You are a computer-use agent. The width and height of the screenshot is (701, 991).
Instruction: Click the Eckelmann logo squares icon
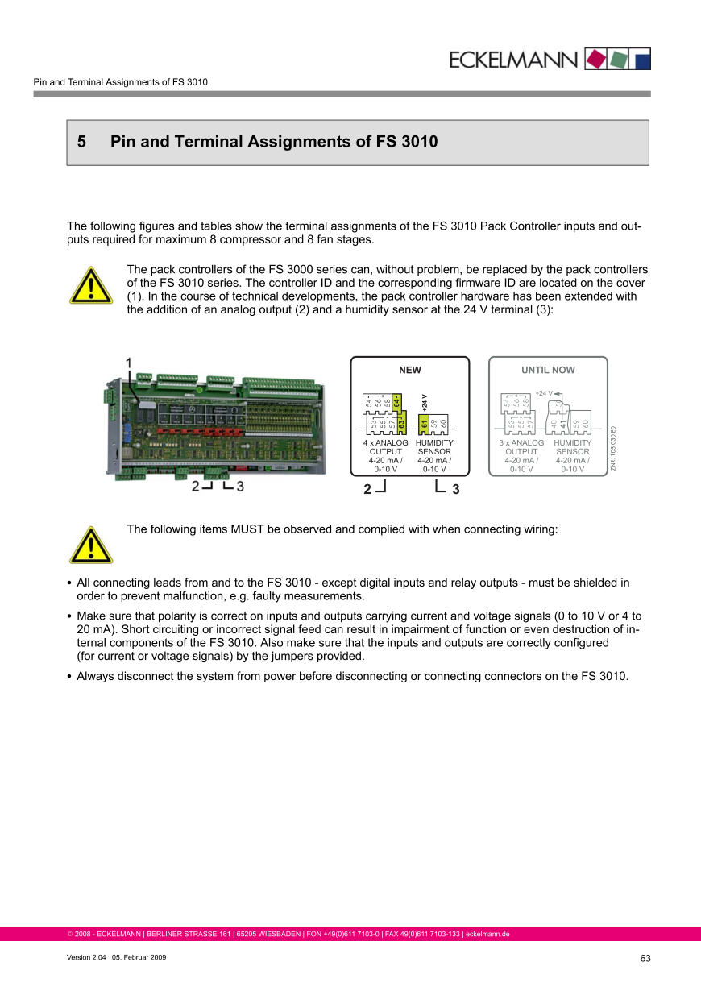tap(616, 58)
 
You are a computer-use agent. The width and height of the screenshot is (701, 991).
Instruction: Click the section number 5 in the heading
tap(81, 143)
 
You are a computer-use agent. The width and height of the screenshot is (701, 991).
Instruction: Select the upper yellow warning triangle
tap(90, 286)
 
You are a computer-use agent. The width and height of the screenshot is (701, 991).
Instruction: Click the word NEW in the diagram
tap(410, 370)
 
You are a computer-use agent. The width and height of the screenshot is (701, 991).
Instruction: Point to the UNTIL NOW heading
tap(548, 370)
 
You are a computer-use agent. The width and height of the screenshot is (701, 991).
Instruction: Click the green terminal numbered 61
tap(424, 422)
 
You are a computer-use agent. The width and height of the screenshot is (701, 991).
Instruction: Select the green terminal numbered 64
tap(397, 400)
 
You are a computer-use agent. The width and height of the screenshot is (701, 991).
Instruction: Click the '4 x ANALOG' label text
tap(386, 443)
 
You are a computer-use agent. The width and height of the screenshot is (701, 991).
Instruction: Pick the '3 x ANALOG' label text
tap(521, 443)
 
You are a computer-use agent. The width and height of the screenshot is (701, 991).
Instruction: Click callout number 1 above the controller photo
tap(130, 364)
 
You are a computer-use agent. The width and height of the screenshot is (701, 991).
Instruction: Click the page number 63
tap(645, 958)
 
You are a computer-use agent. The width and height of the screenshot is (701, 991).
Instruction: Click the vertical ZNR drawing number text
tap(613, 448)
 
